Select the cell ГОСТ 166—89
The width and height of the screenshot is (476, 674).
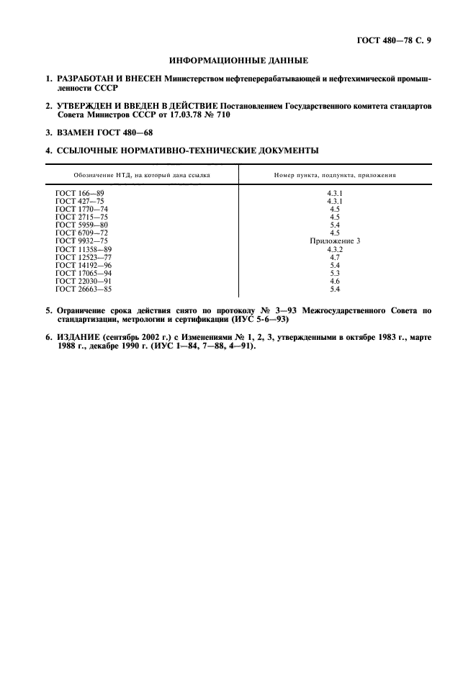[80, 193]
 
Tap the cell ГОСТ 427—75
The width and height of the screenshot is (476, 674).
[80, 201]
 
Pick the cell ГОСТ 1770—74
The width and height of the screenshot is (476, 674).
[81, 209]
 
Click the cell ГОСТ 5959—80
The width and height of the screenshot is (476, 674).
[81, 225]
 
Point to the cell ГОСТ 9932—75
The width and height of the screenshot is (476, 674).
[81, 241]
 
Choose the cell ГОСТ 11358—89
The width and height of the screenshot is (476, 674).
[84, 248]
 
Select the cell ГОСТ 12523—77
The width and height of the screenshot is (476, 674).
[84, 257]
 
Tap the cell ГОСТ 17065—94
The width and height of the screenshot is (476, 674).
[84, 273]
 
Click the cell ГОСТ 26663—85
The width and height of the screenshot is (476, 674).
[84, 289]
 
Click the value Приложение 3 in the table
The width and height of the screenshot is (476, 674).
[335, 241]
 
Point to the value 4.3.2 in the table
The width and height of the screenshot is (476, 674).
[335, 248]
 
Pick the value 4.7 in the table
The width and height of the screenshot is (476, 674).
[335, 257]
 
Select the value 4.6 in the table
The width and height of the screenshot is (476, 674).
[335, 281]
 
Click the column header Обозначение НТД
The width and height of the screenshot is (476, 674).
[142, 175]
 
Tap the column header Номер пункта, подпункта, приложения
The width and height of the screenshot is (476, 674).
[335, 175]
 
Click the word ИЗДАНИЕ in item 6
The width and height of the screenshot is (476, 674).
[79, 336]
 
